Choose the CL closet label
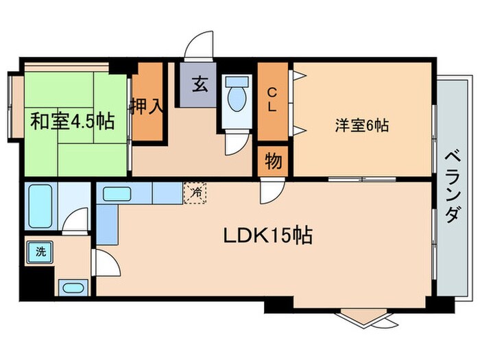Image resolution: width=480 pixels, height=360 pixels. coord(272,99)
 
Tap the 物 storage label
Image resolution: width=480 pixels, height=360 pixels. coord(273,163)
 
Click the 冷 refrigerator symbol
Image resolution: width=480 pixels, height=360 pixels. coord(195,193)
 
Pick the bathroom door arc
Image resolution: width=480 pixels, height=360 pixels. coord(71,219)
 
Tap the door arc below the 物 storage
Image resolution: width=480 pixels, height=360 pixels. coord(269,192)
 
